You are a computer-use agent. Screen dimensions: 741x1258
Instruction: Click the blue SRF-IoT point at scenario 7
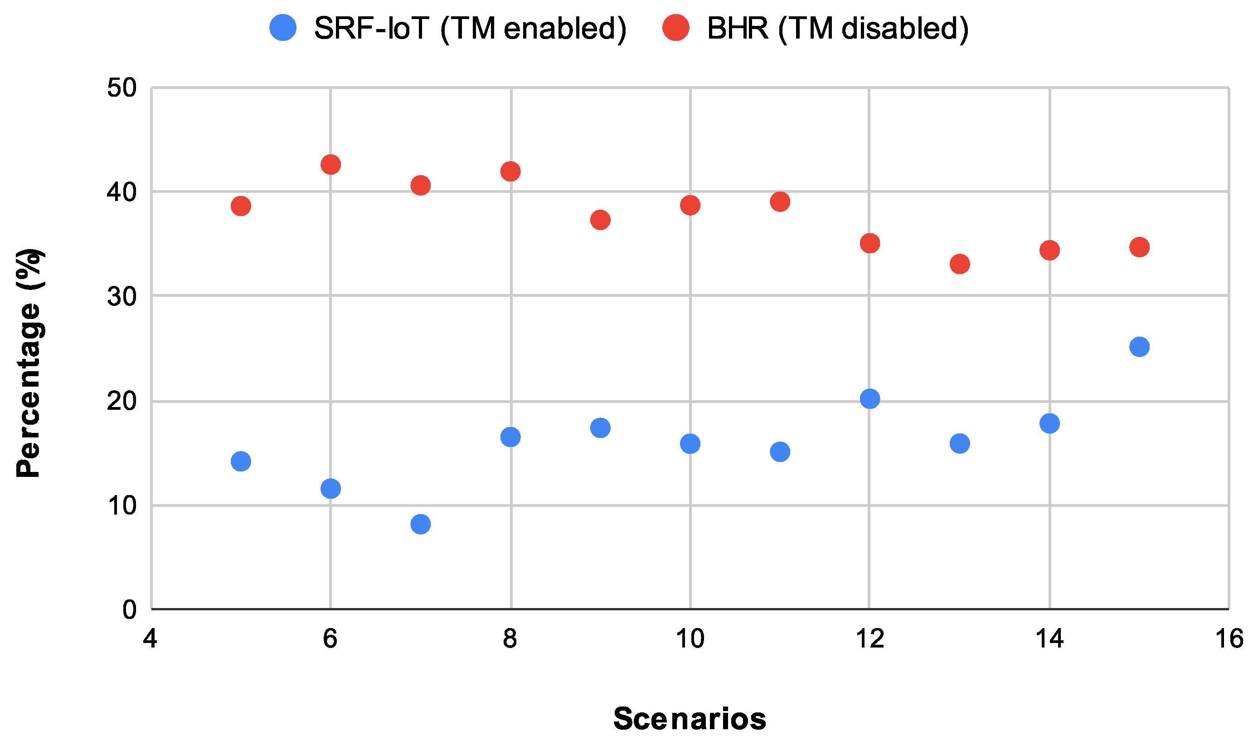(420, 524)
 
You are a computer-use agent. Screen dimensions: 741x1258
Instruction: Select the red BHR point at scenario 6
(330, 164)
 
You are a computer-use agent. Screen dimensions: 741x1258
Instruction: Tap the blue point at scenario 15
(1139, 346)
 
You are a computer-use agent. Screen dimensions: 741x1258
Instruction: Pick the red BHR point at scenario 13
(959, 263)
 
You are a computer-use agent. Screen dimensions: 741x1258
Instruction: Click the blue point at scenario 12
(869, 398)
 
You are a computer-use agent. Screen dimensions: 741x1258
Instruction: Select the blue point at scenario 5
(241, 461)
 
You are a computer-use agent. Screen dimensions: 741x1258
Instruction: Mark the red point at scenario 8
(510, 172)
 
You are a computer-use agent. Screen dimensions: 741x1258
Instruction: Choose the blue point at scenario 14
(1049, 423)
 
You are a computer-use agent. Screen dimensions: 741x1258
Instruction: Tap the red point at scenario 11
(780, 201)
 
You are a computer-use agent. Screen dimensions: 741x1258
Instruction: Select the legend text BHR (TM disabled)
(838, 29)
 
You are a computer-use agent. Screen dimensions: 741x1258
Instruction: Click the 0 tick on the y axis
(129, 609)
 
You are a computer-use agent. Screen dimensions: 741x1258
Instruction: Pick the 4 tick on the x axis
(150, 638)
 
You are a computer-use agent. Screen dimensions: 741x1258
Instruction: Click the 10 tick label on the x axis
(690, 638)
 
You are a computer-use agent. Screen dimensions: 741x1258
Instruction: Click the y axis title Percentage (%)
(29, 363)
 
